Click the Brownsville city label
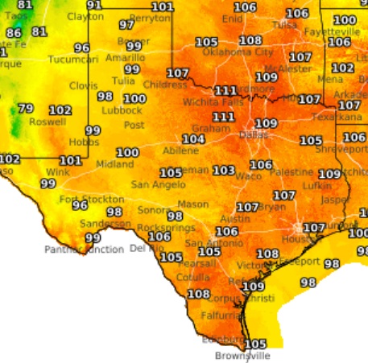coord(242,355)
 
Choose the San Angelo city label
coord(154,184)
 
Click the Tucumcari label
coord(73,60)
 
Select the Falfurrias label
coord(221,316)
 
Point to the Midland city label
coord(110,164)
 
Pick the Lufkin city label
coord(300,185)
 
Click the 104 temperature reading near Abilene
coord(193,139)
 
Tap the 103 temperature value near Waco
coord(223,171)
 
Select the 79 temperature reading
coord(26,109)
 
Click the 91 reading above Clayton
coord(95,5)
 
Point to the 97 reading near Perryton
coord(126,25)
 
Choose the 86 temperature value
coord(14,33)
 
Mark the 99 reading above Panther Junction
coord(93,237)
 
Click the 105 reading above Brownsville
coord(255,344)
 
